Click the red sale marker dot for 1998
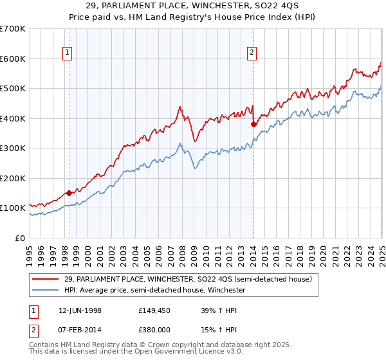coord(69,193)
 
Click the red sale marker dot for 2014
coord(253,124)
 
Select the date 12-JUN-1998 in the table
coord(80,310)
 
